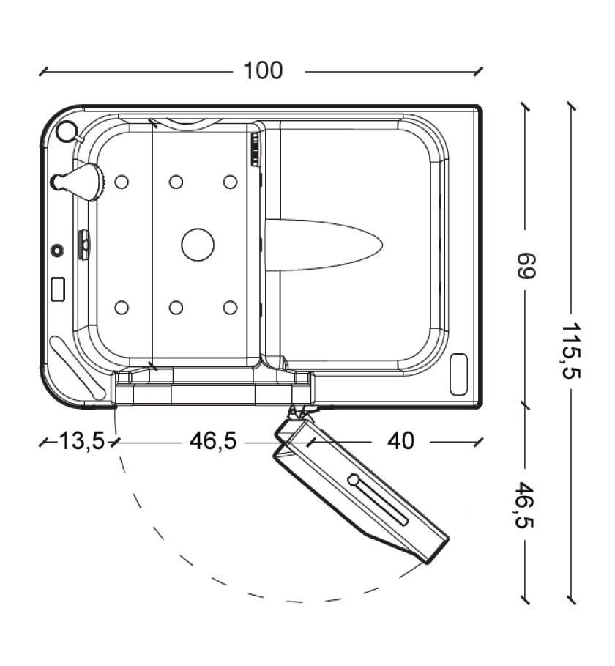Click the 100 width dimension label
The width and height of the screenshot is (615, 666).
(x=263, y=71)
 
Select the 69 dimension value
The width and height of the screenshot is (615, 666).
(x=526, y=266)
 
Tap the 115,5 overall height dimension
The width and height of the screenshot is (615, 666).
(x=571, y=351)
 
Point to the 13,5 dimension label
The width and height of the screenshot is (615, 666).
(x=81, y=441)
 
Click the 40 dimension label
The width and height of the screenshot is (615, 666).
(x=400, y=441)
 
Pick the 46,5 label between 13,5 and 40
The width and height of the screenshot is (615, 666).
(x=212, y=441)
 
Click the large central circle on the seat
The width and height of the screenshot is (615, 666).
(x=198, y=245)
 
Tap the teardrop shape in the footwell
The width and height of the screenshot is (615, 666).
(x=324, y=245)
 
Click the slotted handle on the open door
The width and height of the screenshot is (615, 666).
(x=377, y=500)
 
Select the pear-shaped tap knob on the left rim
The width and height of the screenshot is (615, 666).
(x=78, y=182)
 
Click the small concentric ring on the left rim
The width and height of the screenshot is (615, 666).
(x=56, y=250)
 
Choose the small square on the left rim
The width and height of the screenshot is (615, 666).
(x=58, y=289)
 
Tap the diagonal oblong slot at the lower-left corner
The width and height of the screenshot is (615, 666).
(x=78, y=368)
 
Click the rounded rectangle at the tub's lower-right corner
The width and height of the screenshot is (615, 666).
(x=458, y=374)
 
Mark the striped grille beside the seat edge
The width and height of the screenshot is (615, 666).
(x=255, y=149)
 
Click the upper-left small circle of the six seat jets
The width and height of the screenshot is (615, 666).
(x=122, y=182)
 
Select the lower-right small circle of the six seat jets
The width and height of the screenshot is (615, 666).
(x=231, y=308)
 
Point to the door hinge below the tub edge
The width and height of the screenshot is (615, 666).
(x=299, y=411)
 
